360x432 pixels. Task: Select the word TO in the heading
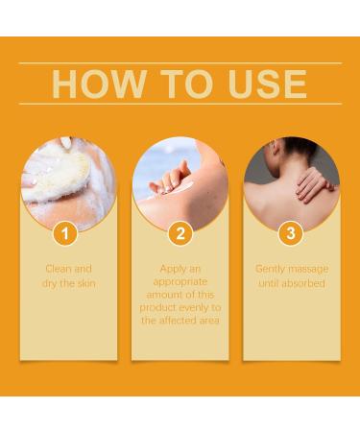click(x=185, y=84)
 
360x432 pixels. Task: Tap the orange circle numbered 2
click(x=180, y=232)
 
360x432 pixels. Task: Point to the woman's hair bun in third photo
click(x=270, y=154)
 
